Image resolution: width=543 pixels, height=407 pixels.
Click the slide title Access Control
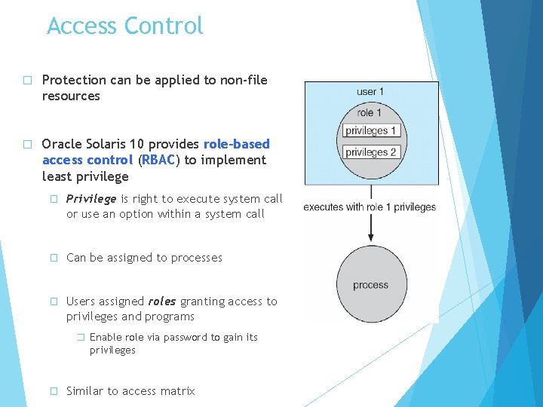click(125, 26)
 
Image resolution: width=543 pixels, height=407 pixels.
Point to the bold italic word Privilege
click(91, 199)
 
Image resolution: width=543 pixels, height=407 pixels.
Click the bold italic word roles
click(162, 301)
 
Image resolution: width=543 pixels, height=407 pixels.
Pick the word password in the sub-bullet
click(189, 338)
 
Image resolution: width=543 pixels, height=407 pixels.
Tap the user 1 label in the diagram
click(370, 92)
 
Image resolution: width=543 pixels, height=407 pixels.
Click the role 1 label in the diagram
click(369, 112)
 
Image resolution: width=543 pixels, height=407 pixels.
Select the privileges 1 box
click(371, 130)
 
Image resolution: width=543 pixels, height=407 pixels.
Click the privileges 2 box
click(371, 151)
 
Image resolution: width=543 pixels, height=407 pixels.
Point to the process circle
click(370, 285)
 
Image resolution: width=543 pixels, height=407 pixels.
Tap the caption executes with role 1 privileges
click(370, 207)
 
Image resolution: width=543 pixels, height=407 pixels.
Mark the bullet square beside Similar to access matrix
click(54, 391)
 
